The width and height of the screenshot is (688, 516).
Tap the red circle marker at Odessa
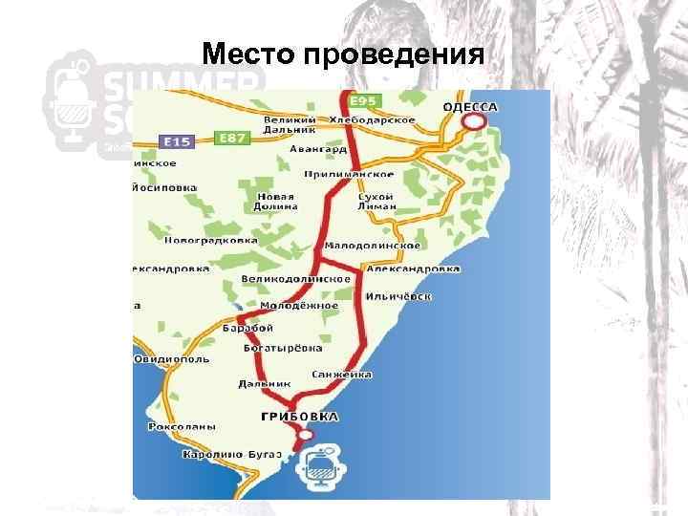[x=481, y=122]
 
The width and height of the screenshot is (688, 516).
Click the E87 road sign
[x=233, y=139]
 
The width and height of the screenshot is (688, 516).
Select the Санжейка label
[x=341, y=375]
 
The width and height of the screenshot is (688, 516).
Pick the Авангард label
[x=318, y=148]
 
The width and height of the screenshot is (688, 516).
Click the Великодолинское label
[x=296, y=278]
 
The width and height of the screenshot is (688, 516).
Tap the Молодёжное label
[x=299, y=305]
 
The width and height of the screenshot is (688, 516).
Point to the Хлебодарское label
[x=372, y=119]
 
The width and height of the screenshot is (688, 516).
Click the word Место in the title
[x=248, y=52]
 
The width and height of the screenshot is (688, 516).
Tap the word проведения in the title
[x=393, y=52]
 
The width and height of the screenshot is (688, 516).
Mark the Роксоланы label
[x=182, y=426]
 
